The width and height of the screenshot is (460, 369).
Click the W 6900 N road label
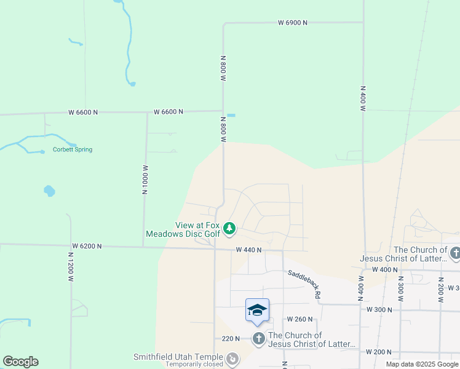(x=292, y=23)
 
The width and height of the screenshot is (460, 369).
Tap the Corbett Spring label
(x=73, y=149)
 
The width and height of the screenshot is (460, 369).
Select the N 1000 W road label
(x=146, y=179)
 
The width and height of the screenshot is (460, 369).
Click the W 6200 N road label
(x=86, y=246)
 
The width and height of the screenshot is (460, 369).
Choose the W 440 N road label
(x=248, y=250)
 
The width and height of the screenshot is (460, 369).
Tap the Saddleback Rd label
(x=304, y=284)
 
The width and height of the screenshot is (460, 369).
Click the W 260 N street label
(x=300, y=319)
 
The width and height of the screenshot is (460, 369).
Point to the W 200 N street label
(x=379, y=352)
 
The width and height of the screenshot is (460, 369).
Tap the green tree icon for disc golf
(x=229, y=229)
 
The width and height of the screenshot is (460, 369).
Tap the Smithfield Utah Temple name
(x=178, y=357)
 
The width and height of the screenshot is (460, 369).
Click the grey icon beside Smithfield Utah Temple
(x=232, y=358)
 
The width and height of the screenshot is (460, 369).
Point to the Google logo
(x=20, y=362)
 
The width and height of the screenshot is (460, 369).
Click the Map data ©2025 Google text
(x=422, y=364)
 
